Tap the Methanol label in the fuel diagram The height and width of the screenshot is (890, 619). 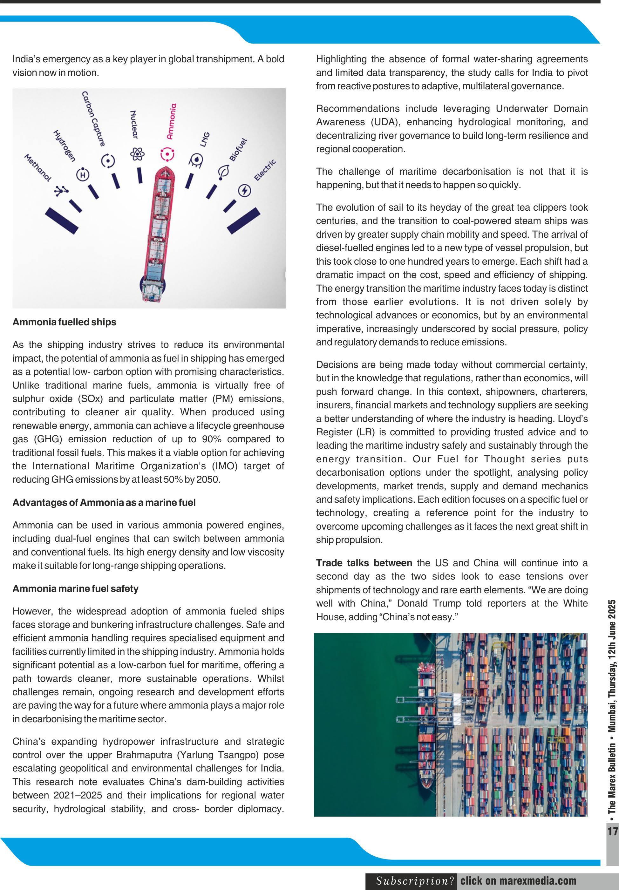[37, 168]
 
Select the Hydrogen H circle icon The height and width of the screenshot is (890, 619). [82, 175]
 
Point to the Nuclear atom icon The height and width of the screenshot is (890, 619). [137, 154]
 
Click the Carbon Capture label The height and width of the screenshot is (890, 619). [93, 119]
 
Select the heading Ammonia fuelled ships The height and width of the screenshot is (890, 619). [64, 322]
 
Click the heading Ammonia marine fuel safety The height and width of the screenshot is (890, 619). [75, 588]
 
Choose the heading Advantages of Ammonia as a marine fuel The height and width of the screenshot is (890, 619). [104, 503]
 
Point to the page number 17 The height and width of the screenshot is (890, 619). [613, 831]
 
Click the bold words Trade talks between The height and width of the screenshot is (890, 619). [364, 563]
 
